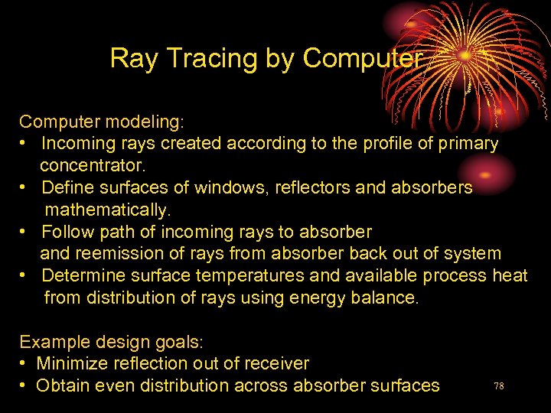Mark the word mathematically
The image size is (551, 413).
coord(107,209)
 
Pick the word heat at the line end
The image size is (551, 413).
coord(510,275)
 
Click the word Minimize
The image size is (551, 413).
coord(71,363)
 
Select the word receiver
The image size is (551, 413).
coord(277,363)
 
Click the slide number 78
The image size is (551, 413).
coord(498,386)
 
